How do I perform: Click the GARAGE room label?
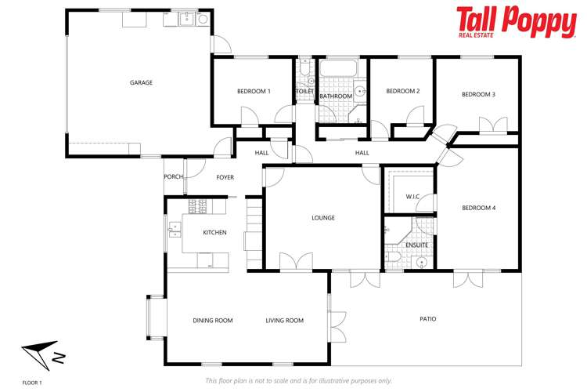coord(141,82)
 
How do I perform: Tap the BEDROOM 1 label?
coord(254,92)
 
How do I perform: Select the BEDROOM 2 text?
coord(403,92)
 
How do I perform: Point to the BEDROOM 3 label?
coord(478,94)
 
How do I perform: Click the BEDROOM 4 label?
coord(479,208)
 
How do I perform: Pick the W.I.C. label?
coord(414,196)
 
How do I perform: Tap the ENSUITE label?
coord(416,245)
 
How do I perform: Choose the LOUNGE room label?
coord(323,218)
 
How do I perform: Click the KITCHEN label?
coord(214,232)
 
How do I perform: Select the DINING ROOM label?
coord(213,320)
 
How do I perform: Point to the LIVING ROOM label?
coord(284,320)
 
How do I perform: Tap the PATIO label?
coord(427,319)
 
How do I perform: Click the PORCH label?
coord(173,177)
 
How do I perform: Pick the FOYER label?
coord(225,177)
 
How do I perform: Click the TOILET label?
coord(304,92)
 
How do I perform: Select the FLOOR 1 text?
coord(31,382)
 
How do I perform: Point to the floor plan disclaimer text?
coord(297,381)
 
